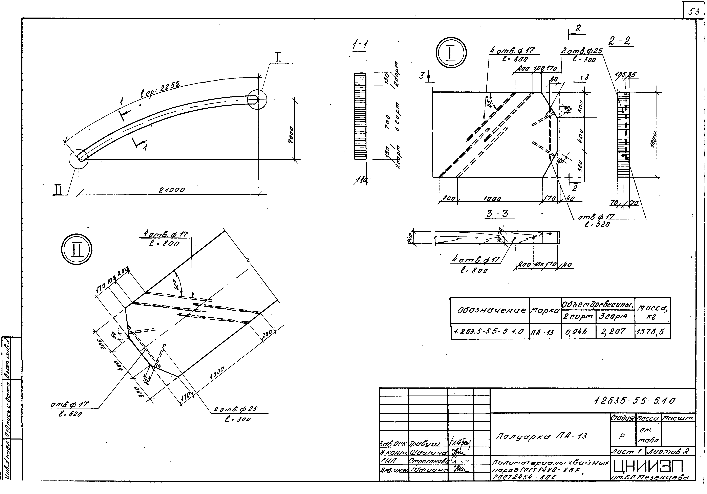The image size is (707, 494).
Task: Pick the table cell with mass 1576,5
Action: [x=652, y=332]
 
